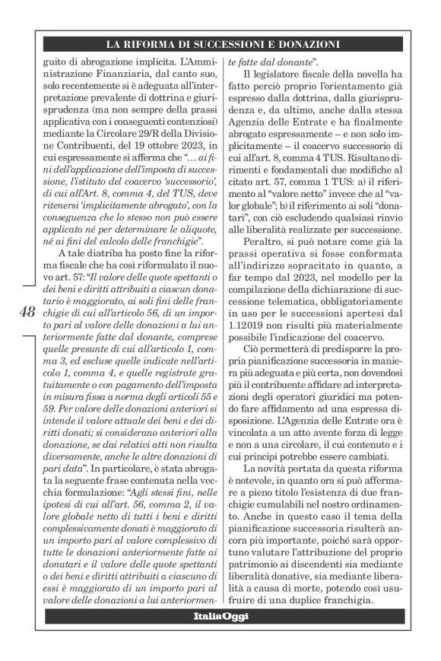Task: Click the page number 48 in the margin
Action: tap(25, 310)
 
